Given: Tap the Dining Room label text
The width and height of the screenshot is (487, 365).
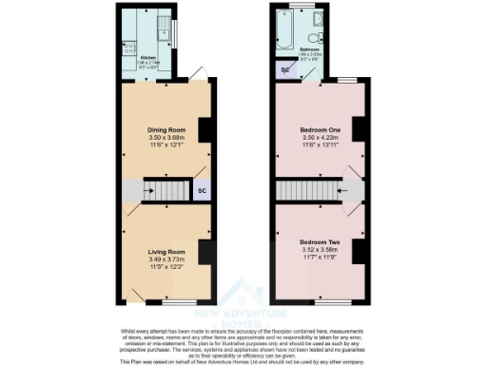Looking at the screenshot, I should (x=166, y=129).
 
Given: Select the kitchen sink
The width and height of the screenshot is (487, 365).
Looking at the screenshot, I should (x=164, y=24).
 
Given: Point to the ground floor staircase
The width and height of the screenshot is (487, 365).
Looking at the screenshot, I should (x=166, y=191).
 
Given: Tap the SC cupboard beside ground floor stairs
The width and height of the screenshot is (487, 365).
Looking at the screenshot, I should (x=201, y=191).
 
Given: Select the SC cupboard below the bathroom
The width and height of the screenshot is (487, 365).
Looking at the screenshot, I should (x=284, y=69).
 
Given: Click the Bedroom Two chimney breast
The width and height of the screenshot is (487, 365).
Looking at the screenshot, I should (x=359, y=251).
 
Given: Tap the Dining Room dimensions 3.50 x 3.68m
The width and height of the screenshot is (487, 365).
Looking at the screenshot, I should (x=166, y=139).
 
